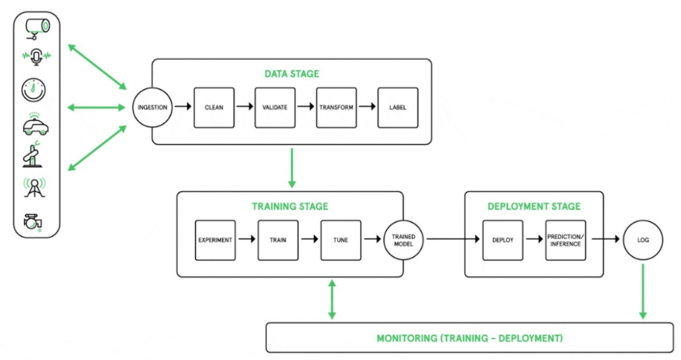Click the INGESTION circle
[151, 107]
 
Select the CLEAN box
[214, 107]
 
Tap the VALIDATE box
[275, 107]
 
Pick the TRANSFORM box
[336, 107]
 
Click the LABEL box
[398, 107]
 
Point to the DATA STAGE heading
[291, 74]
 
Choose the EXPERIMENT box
[215, 240]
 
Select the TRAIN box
[278, 240]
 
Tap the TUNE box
[340, 240]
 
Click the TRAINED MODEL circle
[404, 240]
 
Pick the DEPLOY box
[503, 240]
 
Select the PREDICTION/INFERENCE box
[566, 240]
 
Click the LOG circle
[643, 240]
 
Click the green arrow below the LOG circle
[643, 291]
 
